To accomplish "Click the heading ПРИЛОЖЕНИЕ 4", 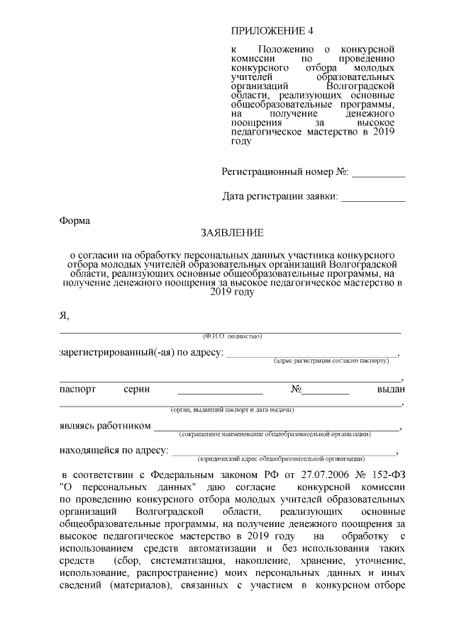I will (272, 31).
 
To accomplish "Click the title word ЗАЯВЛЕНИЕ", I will (232, 232).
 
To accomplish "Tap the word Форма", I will (74, 220).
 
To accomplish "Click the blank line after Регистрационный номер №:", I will (379, 172).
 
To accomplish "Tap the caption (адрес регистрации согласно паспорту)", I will (331, 361).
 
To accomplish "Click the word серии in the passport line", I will (136, 390).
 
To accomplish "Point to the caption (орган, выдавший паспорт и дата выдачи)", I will (232, 410).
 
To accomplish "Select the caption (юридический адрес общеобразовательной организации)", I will (282, 458).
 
